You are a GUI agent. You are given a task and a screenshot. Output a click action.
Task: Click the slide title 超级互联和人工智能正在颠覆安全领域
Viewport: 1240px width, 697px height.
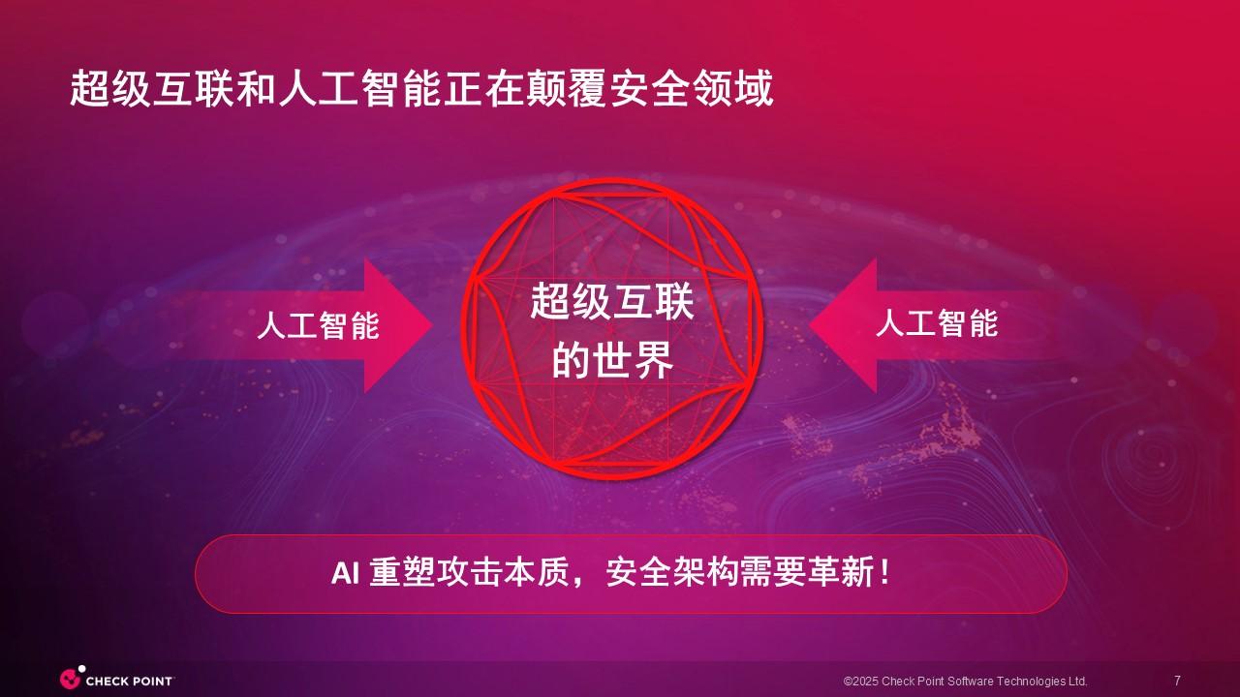click(x=421, y=88)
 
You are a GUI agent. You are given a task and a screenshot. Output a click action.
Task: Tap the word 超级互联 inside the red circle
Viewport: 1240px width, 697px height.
click(x=612, y=302)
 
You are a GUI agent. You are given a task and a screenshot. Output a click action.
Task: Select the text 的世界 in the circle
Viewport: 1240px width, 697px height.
click(x=612, y=359)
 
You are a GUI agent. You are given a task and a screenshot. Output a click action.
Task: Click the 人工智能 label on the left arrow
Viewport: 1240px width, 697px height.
click(x=319, y=325)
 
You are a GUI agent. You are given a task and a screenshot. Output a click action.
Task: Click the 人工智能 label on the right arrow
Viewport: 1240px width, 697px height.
click(x=937, y=323)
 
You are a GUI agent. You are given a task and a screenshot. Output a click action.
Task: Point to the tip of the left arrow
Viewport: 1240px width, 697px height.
click(x=432, y=325)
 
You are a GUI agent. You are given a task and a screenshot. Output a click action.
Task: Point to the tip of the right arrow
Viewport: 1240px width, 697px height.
click(x=809, y=324)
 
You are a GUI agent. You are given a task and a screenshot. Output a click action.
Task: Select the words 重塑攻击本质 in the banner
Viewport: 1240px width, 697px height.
click(x=470, y=572)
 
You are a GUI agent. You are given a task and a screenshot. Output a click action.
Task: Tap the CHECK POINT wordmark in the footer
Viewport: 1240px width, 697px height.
click(x=129, y=681)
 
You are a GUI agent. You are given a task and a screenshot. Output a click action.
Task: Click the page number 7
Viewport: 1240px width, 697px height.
click(x=1177, y=680)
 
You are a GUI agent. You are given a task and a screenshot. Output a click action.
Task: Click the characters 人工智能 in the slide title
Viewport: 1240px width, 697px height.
click(x=359, y=88)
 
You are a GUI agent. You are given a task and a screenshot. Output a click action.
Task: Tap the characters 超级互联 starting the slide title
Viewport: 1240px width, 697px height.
click(x=151, y=88)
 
